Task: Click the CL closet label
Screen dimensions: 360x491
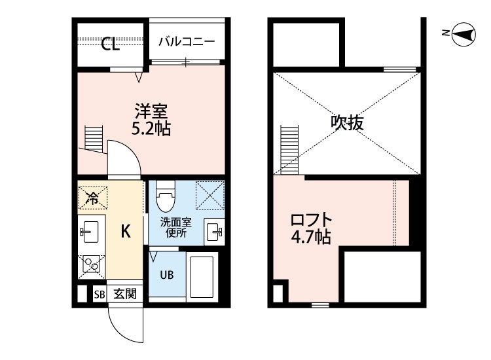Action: [x=110, y=45]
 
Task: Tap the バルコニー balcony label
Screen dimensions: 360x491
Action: [x=187, y=41]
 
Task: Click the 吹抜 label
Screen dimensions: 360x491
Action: [x=346, y=122]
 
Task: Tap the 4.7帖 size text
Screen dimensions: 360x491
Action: [x=312, y=237]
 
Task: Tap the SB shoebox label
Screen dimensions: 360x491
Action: [x=99, y=294]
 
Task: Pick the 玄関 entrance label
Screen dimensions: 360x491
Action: [x=125, y=294]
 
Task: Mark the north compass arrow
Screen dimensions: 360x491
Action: [x=464, y=35]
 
